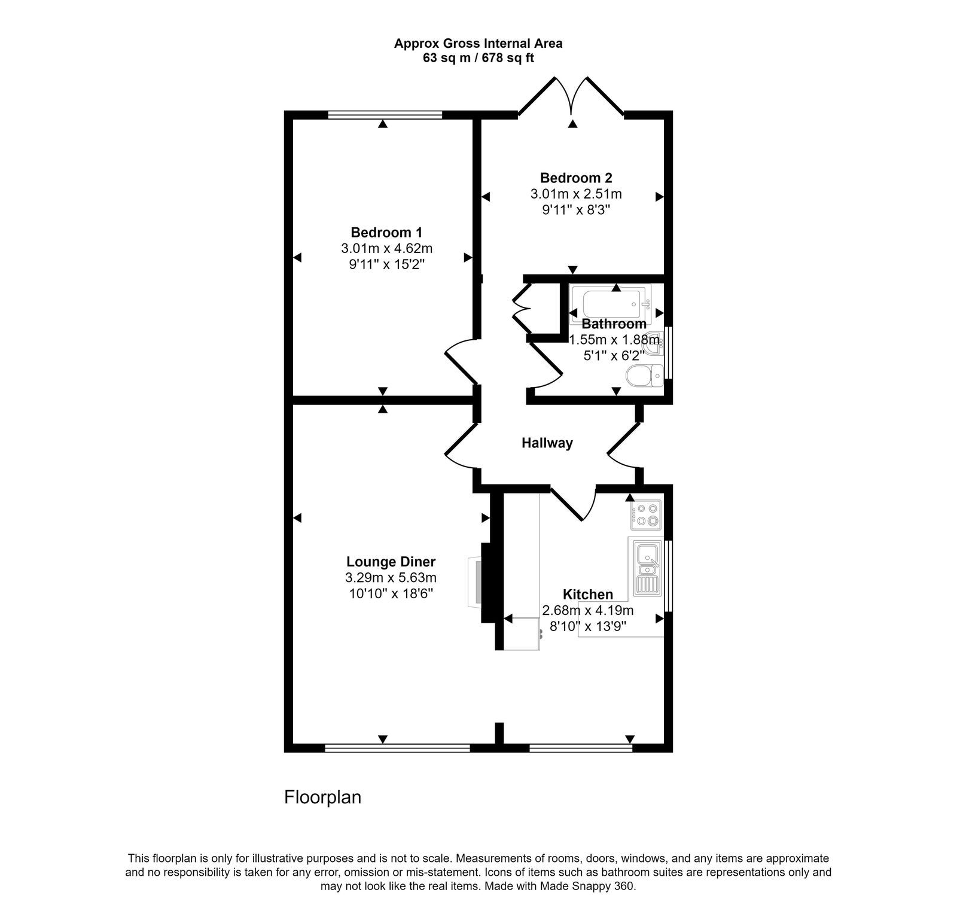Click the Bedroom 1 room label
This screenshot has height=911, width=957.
[x=386, y=232]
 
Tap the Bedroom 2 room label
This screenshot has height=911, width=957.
[x=575, y=178]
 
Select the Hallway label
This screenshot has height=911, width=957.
[x=547, y=443]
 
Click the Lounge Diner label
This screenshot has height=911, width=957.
[x=391, y=562]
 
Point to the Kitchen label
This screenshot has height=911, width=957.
[x=587, y=594]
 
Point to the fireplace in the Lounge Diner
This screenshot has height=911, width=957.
[x=476, y=582]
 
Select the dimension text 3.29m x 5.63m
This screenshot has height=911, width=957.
[x=391, y=578]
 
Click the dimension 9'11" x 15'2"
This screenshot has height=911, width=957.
[x=386, y=264]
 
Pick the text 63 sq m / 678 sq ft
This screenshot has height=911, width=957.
[x=478, y=58]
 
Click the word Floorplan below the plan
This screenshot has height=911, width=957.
[x=322, y=797]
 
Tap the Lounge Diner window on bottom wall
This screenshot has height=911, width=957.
[x=397, y=747]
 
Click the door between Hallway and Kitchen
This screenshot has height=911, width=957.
[x=572, y=504]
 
